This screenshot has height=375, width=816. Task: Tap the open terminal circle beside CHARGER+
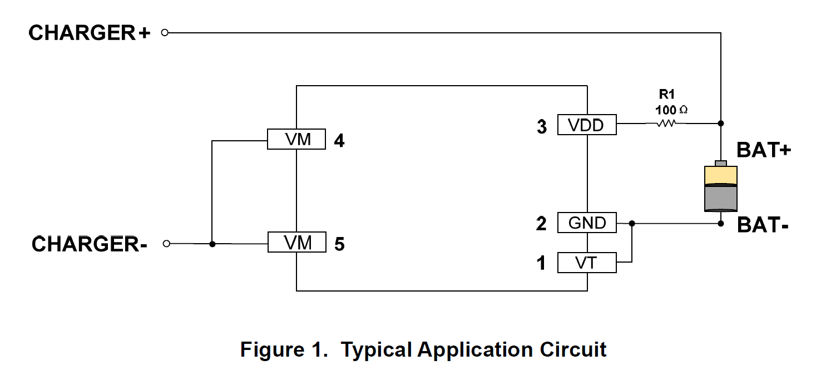pyautogui.click(x=165, y=33)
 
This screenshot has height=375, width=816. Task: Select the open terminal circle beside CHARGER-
pyautogui.click(x=165, y=244)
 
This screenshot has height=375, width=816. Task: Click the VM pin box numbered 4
pyautogui.click(x=296, y=139)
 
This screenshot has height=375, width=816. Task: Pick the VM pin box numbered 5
pyautogui.click(x=296, y=242)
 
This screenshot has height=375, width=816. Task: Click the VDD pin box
pyautogui.click(x=587, y=125)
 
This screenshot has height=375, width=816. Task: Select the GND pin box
pyautogui.click(x=587, y=223)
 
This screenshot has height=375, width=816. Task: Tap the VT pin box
pyautogui.click(x=587, y=262)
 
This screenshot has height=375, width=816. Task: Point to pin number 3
pyautogui.click(x=542, y=127)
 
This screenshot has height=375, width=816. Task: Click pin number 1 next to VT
pyautogui.click(x=541, y=263)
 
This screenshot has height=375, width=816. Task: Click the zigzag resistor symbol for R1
pyautogui.click(x=666, y=123)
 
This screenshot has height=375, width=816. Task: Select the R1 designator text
pyautogui.click(x=666, y=95)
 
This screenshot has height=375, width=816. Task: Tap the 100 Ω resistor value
pyautogui.click(x=671, y=110)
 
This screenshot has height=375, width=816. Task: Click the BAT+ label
pyautogui.click(x=764, y=150)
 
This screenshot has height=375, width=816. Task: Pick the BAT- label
pyautogui.click(x=763, y=225)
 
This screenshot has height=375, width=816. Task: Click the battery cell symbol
pyautogui.click(x=720, y=187)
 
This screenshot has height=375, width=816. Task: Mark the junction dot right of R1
pyautogui.click(x=721, y=123)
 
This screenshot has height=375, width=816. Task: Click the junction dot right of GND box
pyautogui.click(x=631, y=224)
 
